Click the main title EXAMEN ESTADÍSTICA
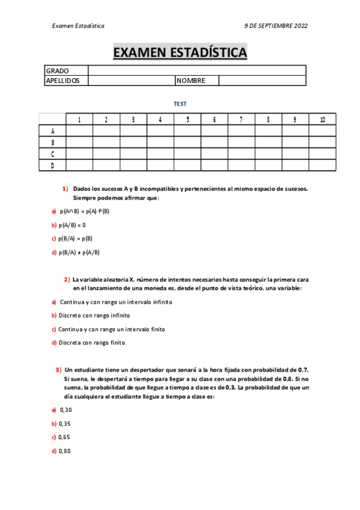pos(180,53)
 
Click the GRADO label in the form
pos(57,71)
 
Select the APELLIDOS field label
pos(63,81)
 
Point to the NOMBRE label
pos(191,81)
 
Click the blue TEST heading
pos(180,104)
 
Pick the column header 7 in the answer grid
pos(241,119)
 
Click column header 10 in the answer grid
pos(322,119)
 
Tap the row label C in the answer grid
pos(53,153)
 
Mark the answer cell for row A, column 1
pos(79,131)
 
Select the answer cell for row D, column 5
pos(188,165)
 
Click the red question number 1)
pos(65,189)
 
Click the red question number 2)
pos(67,280)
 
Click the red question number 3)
pos(58,370)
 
